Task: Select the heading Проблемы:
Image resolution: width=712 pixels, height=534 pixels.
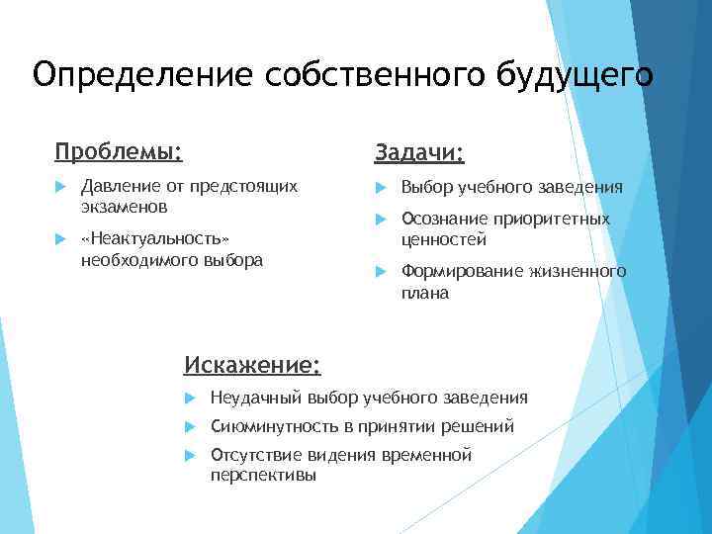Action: tap(119, 152)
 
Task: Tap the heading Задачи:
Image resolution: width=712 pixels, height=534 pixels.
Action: tap(419, 153)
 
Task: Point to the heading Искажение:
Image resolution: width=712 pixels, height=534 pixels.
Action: tap(252, 365)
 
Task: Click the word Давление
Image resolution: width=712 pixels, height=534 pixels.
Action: tap(117, 187)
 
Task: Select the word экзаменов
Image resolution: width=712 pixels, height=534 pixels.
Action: tap(124, 207)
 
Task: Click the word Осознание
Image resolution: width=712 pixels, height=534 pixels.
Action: tap(442, 219)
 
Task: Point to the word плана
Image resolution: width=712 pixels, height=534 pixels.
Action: tap(424, 293)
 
